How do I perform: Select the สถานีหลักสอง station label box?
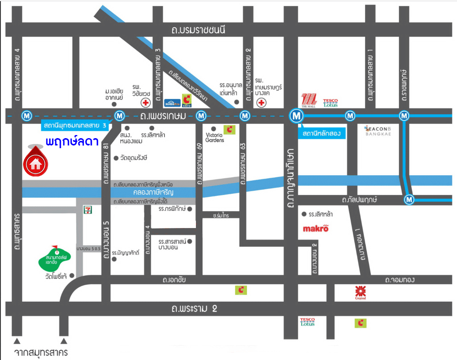322,134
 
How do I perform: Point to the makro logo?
315,229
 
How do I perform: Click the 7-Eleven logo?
88,210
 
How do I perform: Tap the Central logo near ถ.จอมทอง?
360,292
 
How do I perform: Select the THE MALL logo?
309,100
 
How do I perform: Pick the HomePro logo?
172,102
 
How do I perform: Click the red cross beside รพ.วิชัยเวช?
146,103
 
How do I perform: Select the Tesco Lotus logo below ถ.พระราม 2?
308,322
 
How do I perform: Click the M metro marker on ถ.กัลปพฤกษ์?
409,199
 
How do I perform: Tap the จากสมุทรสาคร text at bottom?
41,352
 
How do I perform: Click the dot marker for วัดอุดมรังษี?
116,158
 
